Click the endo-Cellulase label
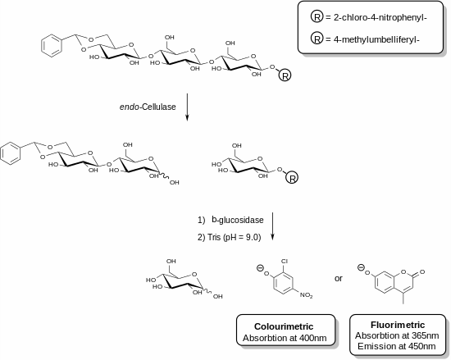[x=148, y=107]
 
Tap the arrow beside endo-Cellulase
[x=187, y=107]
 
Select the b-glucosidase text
[x=238, y=220]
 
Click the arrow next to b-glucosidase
[x=272, y=226]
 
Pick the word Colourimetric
[x=284, y=326]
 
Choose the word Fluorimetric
[x=398, y=325]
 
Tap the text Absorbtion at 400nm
[x=285, y=338]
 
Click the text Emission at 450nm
[x=397, y=346]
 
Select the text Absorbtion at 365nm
[x=397, y=335]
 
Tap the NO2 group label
[x=307, y=295]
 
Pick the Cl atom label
[x=285, y=262]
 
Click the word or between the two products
[x=339, y=278]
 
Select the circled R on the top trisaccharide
[x=285, y=76]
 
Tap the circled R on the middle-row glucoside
[x=292, y=178]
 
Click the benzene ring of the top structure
[x=52, y=46]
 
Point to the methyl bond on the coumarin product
[x=403, y=298]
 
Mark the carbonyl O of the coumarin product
[x=422, y=271]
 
